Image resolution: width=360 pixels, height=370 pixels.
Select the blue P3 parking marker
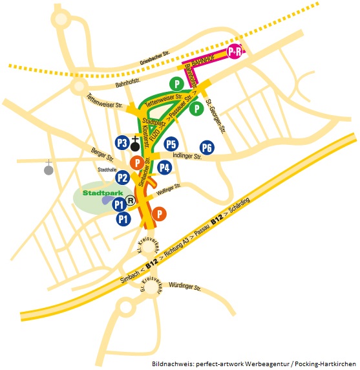pos(122,142)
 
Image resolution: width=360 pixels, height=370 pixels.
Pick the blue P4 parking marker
pos(165,168)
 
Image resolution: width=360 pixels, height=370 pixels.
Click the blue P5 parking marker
pos(171,144)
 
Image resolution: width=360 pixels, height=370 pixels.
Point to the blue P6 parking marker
pos(207,148)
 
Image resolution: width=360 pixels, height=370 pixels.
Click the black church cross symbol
pos(134,142)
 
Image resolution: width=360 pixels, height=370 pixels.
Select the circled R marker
pos(131,201)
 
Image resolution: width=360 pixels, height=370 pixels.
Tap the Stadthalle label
pos(107,170)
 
